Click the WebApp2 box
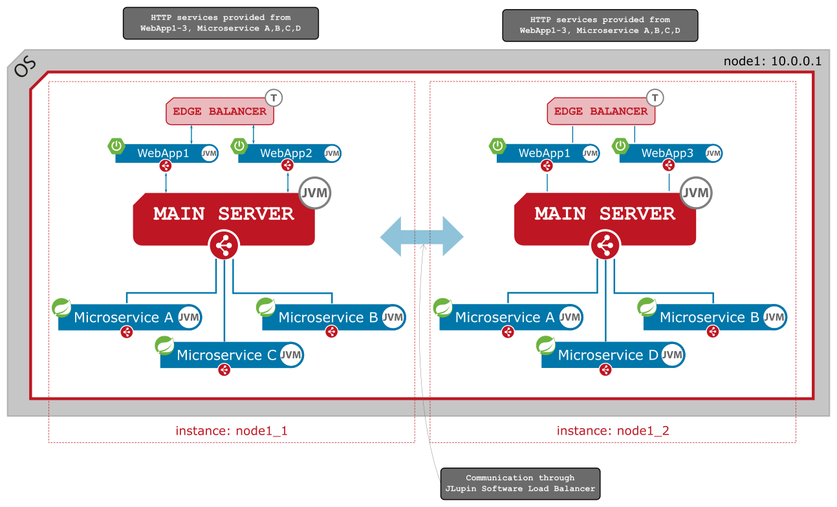point(286,154)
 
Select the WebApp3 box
point(667,154)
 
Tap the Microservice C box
point(226,355)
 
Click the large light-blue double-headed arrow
point(422,237)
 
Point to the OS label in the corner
point(24,67)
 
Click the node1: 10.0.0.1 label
point(772,62)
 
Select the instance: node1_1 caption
point(231,431)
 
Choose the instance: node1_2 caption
point(613,431)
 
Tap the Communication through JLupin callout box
point(520,483)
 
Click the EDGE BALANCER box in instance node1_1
point(219,111)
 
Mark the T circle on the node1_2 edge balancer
point(656,98)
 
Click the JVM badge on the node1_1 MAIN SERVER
point(315,193)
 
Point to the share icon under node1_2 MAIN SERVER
point(605,246)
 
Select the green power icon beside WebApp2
point(239,146)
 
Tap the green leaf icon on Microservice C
point(164,345)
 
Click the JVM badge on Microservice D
point(673,355)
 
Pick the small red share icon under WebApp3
point(669,166)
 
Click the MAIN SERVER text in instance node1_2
point(605,214)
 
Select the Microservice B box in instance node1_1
point(328,318)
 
